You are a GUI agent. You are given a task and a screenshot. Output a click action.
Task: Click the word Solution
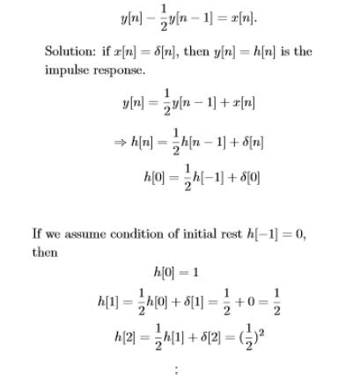[71, 51]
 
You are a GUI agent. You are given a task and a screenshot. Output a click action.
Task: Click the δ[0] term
[247, 177]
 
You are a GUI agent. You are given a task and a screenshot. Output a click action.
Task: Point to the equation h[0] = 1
[178, 272]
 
